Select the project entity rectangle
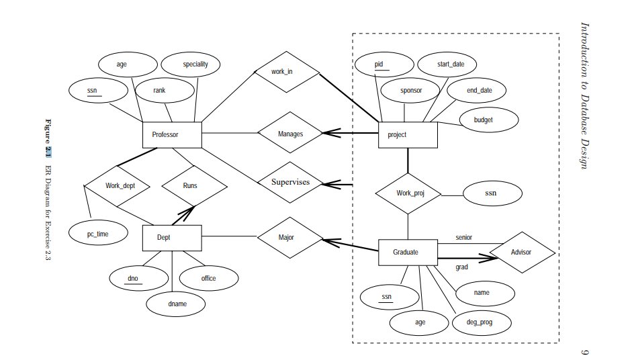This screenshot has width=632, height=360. pos(408,134)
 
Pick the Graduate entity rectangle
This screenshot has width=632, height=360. pos(408,252)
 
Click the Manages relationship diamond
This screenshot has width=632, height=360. pos(290,134)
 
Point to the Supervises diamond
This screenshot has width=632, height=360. pos(290,182)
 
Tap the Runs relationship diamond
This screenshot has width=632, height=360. pos(190,185)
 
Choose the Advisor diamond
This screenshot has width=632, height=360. pos(522,253)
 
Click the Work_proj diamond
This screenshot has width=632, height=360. pos(408,193)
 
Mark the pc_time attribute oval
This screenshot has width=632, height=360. pos(98,234)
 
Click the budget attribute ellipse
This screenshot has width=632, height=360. pos(488,120)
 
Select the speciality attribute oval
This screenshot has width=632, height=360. pos(195,64)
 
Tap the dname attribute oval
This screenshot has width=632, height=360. pos(177,304)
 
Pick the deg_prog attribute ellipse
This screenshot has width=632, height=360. pos(480,322)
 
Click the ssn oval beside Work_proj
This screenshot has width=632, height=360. pos(492,193)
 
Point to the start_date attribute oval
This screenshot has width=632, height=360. pos(447,64)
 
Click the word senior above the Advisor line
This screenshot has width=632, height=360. pos(464,238)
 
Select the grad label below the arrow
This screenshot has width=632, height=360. pos(462,267)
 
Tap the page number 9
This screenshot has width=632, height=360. pos(583,351)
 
